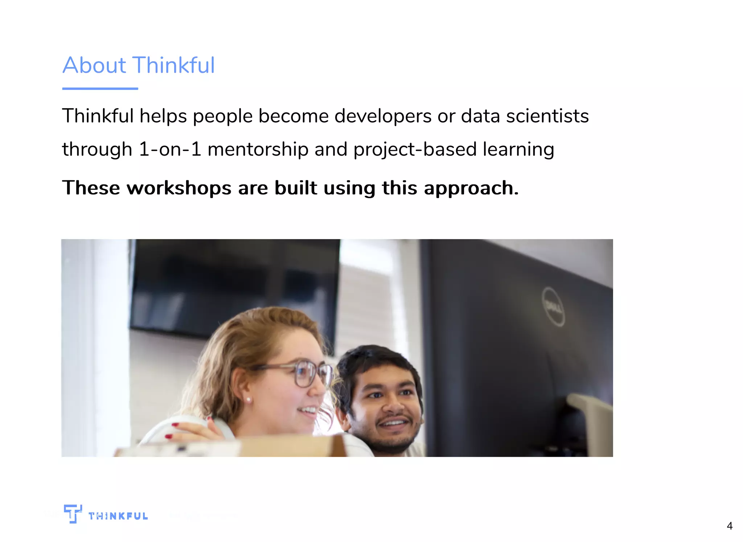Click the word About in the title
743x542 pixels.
coord(94,65)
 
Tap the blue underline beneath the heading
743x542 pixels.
coord(100,89)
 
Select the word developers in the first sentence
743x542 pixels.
coord(383,116)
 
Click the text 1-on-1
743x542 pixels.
coord(170,149)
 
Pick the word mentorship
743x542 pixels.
coord(258,149)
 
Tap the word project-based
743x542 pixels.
coord(415,149)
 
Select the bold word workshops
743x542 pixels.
coord(179,188)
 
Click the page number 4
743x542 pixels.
coord(730,526)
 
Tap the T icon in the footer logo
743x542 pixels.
coord(73,513)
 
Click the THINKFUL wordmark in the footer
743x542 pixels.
coord(118,516)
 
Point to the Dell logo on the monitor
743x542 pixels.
coord(553,307)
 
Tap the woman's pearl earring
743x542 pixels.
coord(249,400)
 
